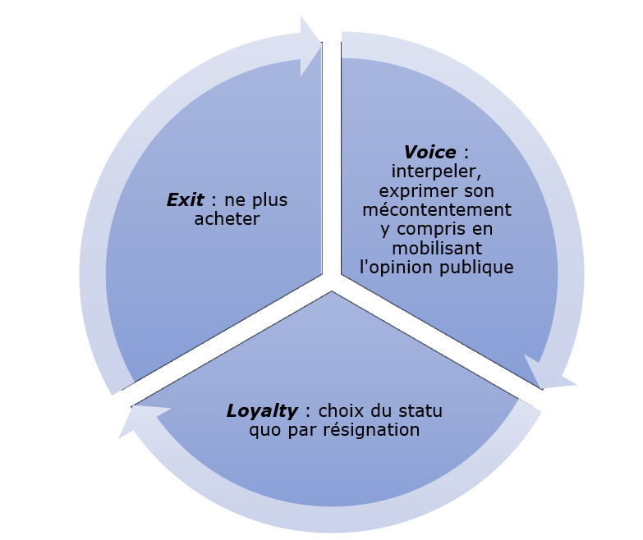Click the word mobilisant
point(437,248)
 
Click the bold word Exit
point(185,200)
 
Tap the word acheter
point(227,219)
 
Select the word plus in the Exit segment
point(269,200)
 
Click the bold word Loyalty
point(263,410)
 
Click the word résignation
point(372,430)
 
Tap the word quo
point(264,430)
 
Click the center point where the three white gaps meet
point(332,281)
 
